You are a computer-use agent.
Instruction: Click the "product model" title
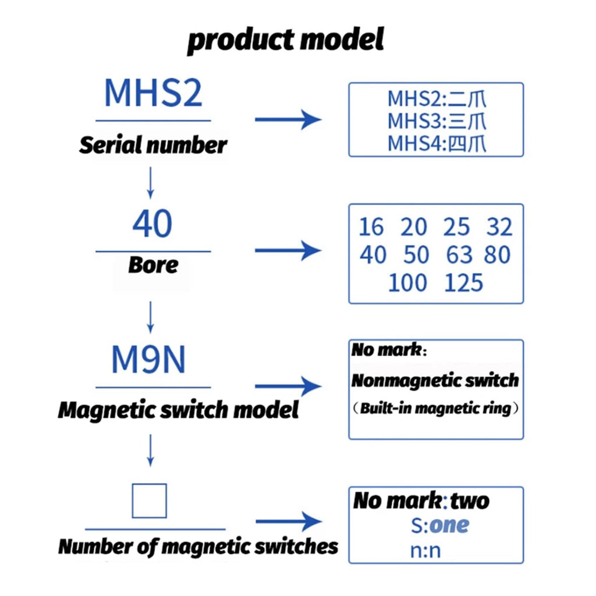[x=285, y=40]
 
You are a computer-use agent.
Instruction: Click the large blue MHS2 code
[x=153, y=93]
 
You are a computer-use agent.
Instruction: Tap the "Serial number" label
[x=153, y=145]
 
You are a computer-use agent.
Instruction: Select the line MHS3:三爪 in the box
[x=437, y=121]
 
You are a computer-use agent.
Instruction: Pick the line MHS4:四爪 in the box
[x=437, y=144]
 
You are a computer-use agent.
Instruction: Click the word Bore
[x=153, y=265]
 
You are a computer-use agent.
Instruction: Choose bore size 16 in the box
[x=371, y=227]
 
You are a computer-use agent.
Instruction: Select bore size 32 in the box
[x=499, y=227]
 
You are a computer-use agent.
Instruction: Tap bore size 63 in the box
[x=459, y=255]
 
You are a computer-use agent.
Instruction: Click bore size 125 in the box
[x=463, y=283]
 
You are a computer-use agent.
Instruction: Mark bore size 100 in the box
[x=408, y=283]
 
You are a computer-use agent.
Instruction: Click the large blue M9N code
[x=148, y=359]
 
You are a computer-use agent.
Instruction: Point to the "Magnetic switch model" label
[x=178, y=410]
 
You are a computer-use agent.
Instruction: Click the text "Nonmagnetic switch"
[x=435, y=381]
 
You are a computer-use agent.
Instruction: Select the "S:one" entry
[x=440, y=526]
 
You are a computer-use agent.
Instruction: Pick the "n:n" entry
[x=425, y=551]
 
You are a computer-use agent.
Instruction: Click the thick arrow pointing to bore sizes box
[x=288, y=250]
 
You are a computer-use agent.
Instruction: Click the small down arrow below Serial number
[x=151, y=183]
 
